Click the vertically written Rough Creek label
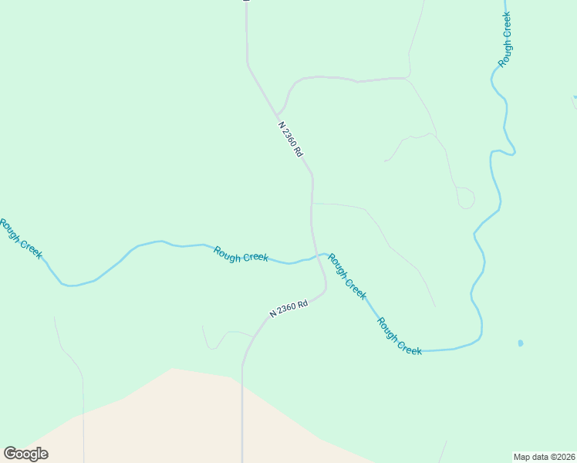(x=505, y=40)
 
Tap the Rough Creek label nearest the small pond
(x=400, y=337)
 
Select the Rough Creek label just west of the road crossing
(x=241, y=254)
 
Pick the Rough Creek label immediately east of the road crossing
(x=347, y=275)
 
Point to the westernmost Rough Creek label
(x=21, y=238)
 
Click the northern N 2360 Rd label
(x=290, y=139)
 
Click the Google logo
(x=25, y=454)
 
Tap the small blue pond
(x=521, y=343)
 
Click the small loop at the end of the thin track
(x=466, y=198)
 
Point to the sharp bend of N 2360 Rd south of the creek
(x=325, y=290)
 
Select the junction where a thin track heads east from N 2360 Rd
(x=312, y=204)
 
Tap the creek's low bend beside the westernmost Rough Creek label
(x=69, y=286)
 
